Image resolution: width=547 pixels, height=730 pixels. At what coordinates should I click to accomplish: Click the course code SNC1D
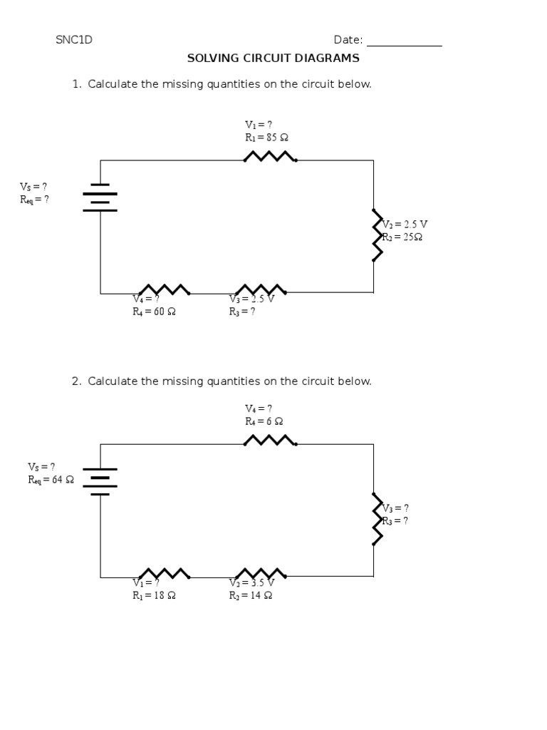(74, 40)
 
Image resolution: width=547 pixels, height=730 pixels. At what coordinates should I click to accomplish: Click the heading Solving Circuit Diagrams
(273, 58)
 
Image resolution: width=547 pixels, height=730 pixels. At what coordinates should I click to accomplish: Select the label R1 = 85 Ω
(266, 138)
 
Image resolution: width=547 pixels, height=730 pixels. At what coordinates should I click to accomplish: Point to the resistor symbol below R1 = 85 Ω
(270, 156)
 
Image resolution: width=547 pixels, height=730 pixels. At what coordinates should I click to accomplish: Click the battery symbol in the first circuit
(100, 197)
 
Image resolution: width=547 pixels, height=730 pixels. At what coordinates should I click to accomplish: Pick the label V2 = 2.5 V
(405, 224)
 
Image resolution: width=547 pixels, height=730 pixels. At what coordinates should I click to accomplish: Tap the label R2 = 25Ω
(402, 237)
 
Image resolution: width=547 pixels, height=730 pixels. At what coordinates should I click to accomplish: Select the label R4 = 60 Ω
(154, 312)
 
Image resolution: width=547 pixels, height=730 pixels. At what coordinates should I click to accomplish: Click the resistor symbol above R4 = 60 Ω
(164, 289)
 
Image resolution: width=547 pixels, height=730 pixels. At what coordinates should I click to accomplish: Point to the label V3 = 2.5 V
(251, 299)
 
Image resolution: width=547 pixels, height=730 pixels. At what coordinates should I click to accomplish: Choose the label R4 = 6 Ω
(264, 421)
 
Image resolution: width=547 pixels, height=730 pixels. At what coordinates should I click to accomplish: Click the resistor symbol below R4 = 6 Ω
(270, 441)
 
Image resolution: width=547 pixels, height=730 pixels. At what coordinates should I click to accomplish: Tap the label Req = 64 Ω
(51, 480)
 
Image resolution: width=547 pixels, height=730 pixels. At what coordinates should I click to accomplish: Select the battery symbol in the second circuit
(100, 481)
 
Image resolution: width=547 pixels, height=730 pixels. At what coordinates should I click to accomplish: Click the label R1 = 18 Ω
(154, 596)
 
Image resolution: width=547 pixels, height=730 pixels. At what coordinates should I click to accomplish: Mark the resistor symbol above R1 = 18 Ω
(164, 573)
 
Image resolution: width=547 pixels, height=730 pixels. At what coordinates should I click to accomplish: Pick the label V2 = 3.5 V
(251, 583)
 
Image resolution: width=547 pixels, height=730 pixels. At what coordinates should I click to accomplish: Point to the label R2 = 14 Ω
(251, 596)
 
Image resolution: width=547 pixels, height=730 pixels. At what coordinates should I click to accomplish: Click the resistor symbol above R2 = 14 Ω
(261, 573)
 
